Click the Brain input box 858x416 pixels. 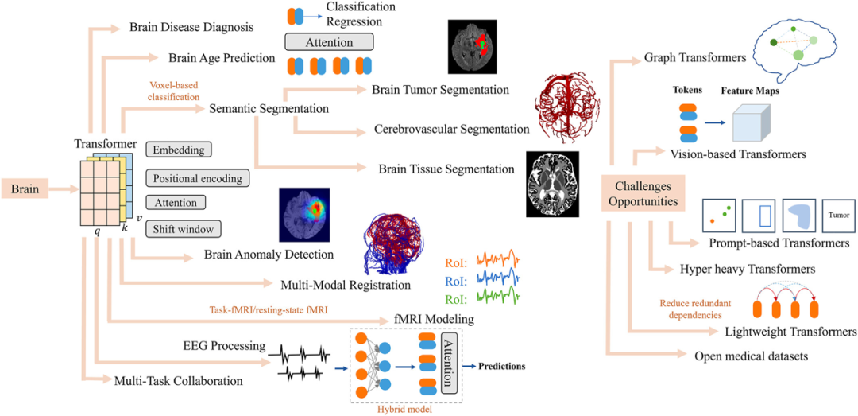point(25,189)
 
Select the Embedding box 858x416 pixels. point(179,150)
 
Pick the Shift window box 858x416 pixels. point(182,229)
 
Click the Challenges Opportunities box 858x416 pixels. point(643,193)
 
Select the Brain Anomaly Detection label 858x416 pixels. point(269,255)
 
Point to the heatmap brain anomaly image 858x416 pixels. point(304,215)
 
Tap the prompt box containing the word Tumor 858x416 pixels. point(839,216)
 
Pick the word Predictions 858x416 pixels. point(502,366)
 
